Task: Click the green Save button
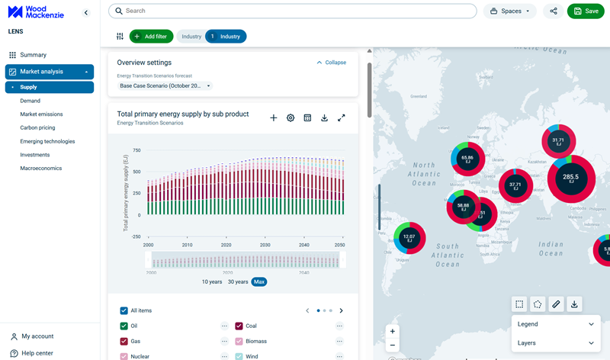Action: click(x=586, y=11)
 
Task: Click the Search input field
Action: click(x=293, y=11)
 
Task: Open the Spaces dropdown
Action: click(x=509, y=11)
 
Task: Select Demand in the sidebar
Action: click(x=30, y=101)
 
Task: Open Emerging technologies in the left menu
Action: click(x=47, y=141)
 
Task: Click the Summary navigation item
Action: click(x=33, y=55)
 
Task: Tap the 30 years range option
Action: click(x=237, y=281)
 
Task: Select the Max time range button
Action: click(x=259, y=281)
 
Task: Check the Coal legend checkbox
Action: click(x=239, y=326)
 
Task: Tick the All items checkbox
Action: click(x=124, y=310)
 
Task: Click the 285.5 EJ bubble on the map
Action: click(x=571, y=178)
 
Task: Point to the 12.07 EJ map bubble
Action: click(x=409, y=238)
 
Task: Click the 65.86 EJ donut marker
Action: click(x=467, y=159)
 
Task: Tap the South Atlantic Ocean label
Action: click(x=448, y=255)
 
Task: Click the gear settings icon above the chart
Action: click(x=291, y=118)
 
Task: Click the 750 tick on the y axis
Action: click(x=136, y=150)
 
